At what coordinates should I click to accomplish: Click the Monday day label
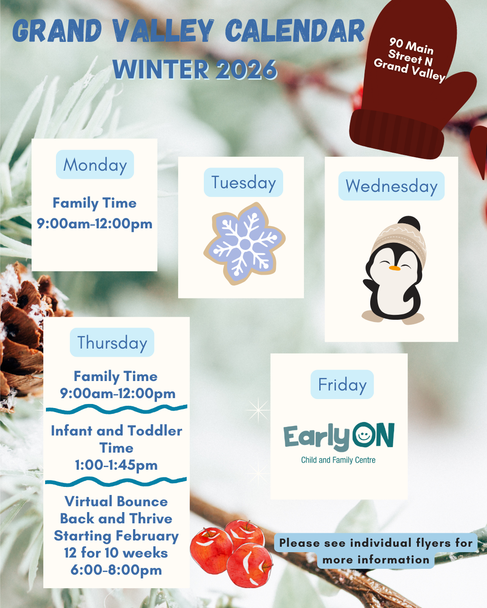pyautogui.click(x=95, y=164)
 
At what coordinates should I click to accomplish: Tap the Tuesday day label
pyautogui.click(x=243, y=182)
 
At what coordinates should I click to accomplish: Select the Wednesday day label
pyautogui.click(x=391, y=186)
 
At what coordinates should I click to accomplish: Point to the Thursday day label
pyautogui.click(x=112, y=342)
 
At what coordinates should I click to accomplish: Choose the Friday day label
pyautogui.click(x=342, y=384)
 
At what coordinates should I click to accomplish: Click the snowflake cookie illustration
pyautogui.click(x=244, y=244)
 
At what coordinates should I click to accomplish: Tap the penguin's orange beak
pyautogui.click(x=395, y=268)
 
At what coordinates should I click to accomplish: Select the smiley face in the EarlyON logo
pyautogui.click(x=364, y=435)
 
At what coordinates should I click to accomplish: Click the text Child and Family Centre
pyautogui.click(x=338, y=460)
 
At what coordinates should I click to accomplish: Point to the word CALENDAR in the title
pyautogui.click(x=295, y=31)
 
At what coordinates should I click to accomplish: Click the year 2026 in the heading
pyautogui.click(x=246, y=69)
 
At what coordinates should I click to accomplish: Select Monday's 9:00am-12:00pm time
pyautogui.click(x=95, y=224)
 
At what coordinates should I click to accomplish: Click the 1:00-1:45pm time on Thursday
pyautogui.click(x=116, y=465)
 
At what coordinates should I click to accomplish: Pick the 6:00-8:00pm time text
pyautogui.click(x=116, y=570)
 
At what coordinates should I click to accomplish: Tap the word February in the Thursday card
pyautogui.click(x=147, y=536)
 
